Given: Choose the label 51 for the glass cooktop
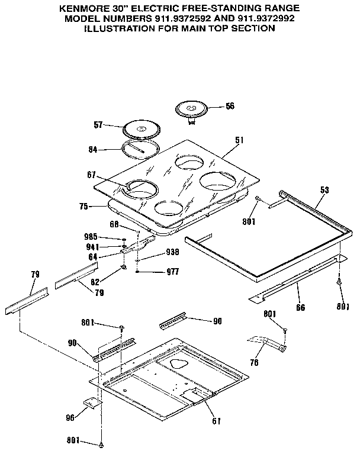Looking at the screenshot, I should pos(239,140).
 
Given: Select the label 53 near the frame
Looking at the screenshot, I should pos(324,190).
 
